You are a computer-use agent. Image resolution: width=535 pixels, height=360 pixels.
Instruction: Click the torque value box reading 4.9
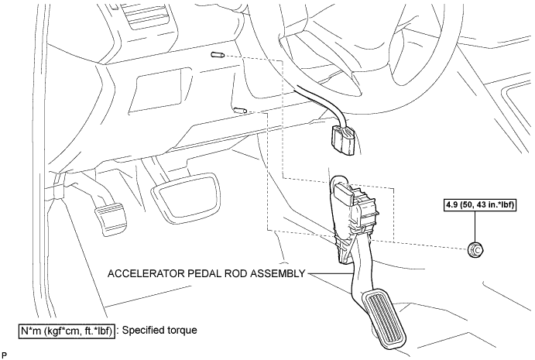click(479, 205)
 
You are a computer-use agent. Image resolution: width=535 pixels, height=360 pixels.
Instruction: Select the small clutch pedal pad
click(111, 219)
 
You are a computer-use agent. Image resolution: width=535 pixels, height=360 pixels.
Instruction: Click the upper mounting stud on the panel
click(217, 55)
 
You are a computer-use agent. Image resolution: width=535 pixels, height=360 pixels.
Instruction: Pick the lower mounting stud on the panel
click(242, 110)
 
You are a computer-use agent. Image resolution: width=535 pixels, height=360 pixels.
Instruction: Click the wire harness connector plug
click(344, 139)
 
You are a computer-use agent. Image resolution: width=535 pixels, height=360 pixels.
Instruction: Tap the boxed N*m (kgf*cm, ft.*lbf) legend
click(66, 331)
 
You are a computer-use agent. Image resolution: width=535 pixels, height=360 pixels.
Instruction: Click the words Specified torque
click(159, 331)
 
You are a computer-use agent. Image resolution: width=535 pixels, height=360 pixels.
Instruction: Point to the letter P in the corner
click(4, 355)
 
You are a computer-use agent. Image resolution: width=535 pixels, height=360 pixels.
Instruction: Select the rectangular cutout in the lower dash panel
click(160, 89)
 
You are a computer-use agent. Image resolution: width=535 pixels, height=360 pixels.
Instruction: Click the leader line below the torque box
click(475, 227)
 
